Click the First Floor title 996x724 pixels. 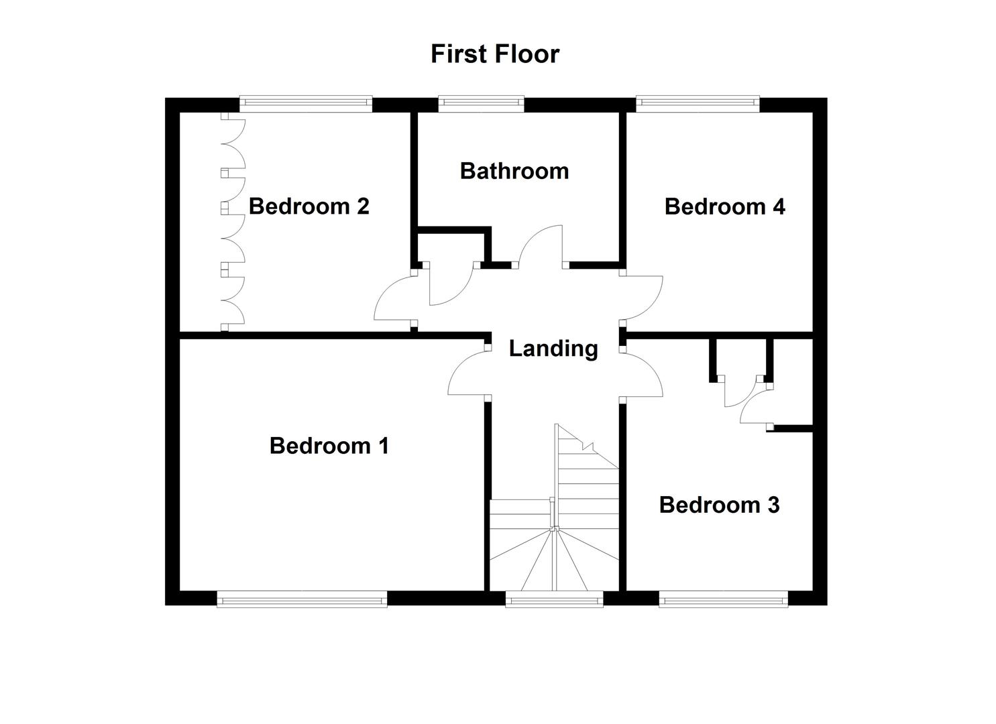click(495, 54)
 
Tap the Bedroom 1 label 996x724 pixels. click(329, 446)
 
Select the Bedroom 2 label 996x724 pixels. click(309, 206)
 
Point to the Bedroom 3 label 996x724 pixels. click(719, 505)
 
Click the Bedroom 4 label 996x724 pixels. click(724, 206)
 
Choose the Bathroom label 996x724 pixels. click(514, 171)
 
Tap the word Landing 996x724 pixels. click(553, 349)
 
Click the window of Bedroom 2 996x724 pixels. click(306, 103)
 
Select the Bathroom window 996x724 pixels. click(481, 103)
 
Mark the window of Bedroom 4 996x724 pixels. click(698, 103)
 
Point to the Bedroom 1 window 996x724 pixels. click(302, 599)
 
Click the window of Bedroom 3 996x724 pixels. click(723, 599)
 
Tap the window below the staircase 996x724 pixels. click(554, 599)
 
